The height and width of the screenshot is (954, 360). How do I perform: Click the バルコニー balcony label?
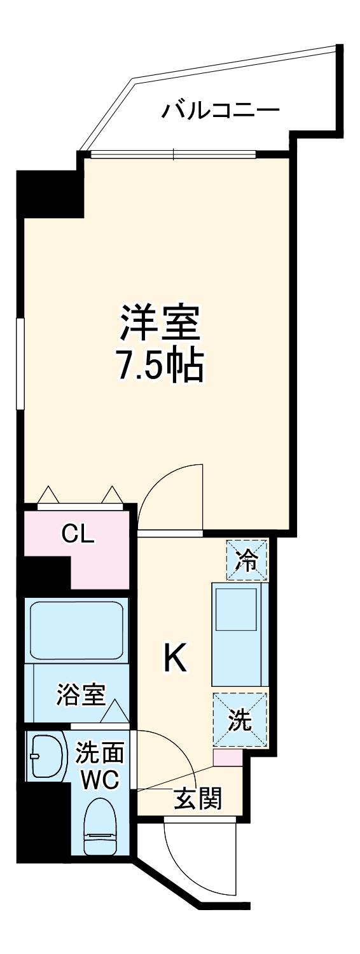220,111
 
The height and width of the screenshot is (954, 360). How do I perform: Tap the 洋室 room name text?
161,324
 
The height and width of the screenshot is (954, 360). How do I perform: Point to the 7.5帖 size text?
160,365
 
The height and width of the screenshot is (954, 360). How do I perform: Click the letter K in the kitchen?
176,658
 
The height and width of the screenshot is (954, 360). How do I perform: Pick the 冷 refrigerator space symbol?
247,560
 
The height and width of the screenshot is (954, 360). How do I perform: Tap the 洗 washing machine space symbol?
240,720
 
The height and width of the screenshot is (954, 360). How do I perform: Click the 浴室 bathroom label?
81,695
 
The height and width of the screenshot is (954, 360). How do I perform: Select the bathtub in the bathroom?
76,630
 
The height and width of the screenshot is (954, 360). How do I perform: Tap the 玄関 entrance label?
198,799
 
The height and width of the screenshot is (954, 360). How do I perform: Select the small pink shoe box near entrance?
227,757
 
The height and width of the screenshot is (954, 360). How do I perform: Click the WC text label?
100,780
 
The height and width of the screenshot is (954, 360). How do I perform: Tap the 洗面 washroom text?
99,753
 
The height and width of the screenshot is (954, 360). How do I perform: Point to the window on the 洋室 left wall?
20,363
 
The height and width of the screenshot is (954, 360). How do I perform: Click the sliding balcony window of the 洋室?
173,153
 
